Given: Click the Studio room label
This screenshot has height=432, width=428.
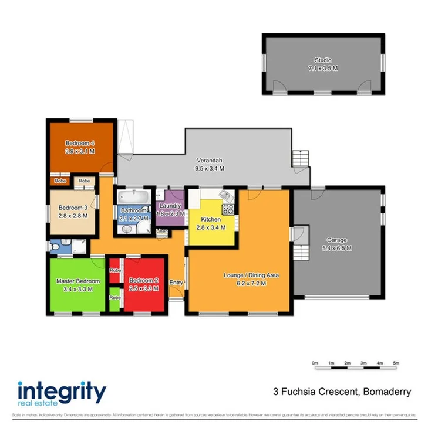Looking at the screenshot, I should click(322, 60).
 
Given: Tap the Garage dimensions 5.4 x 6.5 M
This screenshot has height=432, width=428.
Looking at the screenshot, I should click(337, 248).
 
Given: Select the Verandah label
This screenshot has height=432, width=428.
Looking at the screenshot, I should click(210, 160).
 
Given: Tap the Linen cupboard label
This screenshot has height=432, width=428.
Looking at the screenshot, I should click(162, 232).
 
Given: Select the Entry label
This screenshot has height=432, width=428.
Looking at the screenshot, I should click(176, 283).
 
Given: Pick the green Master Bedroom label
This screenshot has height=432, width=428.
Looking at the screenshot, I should click(77, 281).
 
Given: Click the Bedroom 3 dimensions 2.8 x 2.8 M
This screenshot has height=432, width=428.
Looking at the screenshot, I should click(73, 215).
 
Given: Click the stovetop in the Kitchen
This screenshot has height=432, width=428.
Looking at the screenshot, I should click(228, 209).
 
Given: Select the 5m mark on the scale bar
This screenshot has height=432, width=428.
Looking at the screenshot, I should click(396, 362).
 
